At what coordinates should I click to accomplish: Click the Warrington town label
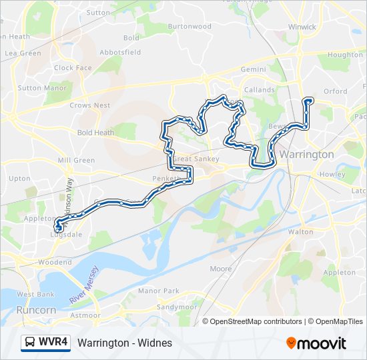(x=307, y=154)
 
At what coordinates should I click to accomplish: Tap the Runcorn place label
(x=37, y=310)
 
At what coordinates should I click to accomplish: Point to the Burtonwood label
(x=189, y=27)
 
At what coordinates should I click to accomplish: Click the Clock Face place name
(x=73, y=68)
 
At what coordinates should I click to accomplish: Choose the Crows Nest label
(x=89, y=105)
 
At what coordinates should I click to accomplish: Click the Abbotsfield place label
(x=120, y=52)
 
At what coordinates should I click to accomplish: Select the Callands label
(x=259, y=89)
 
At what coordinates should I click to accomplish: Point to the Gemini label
(x=253, y=69)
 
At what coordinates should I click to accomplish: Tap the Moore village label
(x=221, y=269)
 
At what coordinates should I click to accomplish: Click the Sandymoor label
(x=177, y=307)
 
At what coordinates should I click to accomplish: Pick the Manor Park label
(x=158, y=291)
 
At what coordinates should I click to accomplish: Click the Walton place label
(x=300, y=232)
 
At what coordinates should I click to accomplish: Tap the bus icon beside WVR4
(x=29, y=343)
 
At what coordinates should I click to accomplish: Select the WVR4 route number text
(x=53, y=343)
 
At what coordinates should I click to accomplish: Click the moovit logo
(x=316, y=343)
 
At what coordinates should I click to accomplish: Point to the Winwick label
(x=302, y=27)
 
